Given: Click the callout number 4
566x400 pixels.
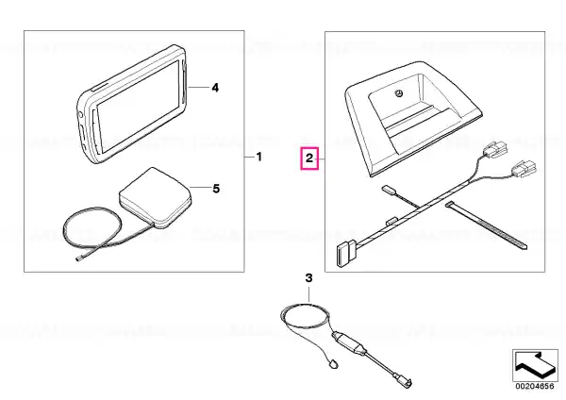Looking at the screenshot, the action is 215,88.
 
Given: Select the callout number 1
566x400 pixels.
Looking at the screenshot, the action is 258,157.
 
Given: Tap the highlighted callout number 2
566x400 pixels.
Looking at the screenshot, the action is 309,158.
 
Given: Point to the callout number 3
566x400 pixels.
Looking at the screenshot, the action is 309,278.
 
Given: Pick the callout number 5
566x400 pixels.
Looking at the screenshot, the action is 216,189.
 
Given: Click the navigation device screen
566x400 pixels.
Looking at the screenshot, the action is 139,108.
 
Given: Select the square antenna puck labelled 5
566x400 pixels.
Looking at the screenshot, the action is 156,197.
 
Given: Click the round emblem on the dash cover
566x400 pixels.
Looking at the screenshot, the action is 399,93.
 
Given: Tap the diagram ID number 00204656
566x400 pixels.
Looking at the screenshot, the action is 535,386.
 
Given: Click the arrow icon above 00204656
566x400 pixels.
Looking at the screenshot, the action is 534,364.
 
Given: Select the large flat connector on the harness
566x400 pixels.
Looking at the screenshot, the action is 346,253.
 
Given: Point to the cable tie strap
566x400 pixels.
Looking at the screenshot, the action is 486,225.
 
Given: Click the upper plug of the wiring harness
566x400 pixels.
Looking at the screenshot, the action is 495,148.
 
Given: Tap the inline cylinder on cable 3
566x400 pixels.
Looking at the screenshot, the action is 350,342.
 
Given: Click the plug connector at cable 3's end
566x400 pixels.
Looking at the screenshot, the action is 405,381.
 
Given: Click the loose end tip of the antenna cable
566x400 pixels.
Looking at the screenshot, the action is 78,258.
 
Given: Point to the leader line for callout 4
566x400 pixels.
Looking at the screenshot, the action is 198,88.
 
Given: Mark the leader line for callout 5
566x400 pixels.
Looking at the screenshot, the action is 200,188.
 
